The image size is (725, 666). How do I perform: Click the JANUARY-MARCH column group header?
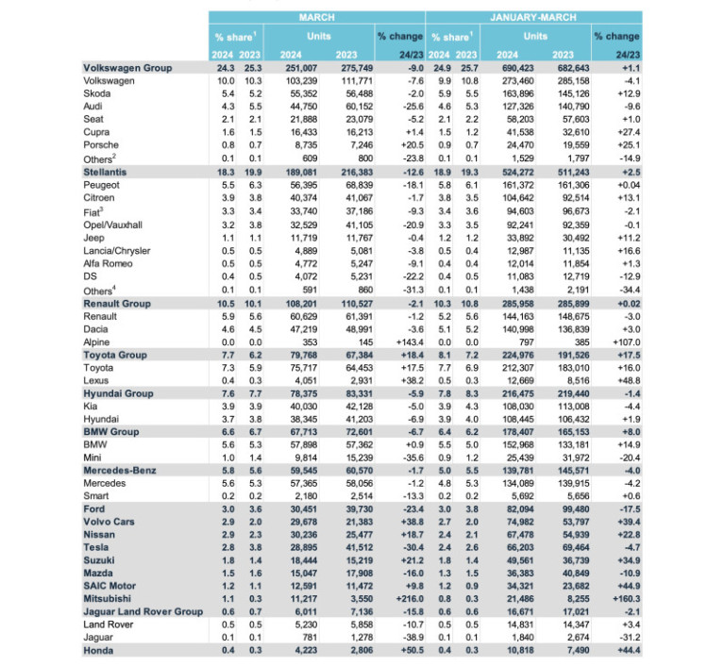coord(533,17)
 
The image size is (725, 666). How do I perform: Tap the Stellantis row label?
coord(107,174)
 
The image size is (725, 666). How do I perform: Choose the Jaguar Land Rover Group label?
coord(143,611)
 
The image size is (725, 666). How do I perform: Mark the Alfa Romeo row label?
coord(111,265)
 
